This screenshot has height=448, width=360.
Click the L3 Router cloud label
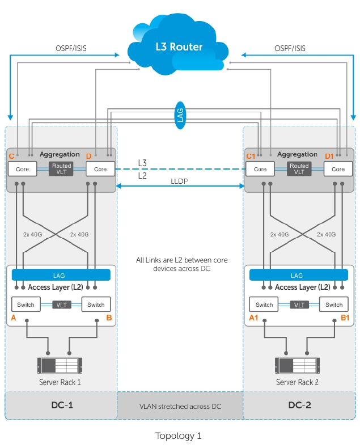179,47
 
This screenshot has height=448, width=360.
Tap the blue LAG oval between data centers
180,116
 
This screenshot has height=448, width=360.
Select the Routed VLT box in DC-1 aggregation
61,169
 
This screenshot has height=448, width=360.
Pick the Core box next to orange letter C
22,169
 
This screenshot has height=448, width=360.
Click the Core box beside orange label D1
338,169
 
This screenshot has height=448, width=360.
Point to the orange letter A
14,318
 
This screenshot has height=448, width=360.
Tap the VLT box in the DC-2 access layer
299,305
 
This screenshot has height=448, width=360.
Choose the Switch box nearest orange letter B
96,305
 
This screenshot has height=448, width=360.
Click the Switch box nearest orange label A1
264,305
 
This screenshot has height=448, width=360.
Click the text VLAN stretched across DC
180,407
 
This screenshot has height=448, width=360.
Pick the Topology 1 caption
179,436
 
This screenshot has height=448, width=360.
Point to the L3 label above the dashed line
143,163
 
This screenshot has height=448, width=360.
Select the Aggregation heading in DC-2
298,154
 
